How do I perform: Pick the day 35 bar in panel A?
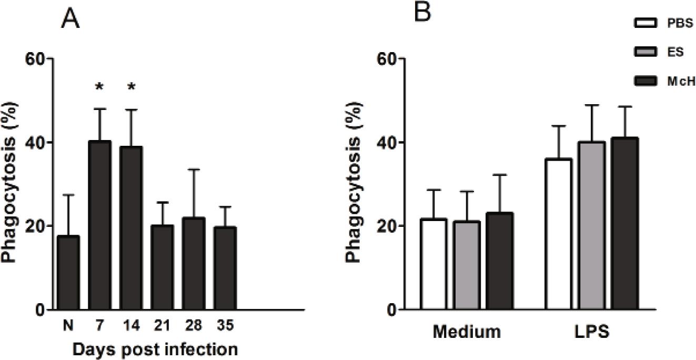click(224, 266)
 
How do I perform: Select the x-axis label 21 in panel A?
click(162, 326)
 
